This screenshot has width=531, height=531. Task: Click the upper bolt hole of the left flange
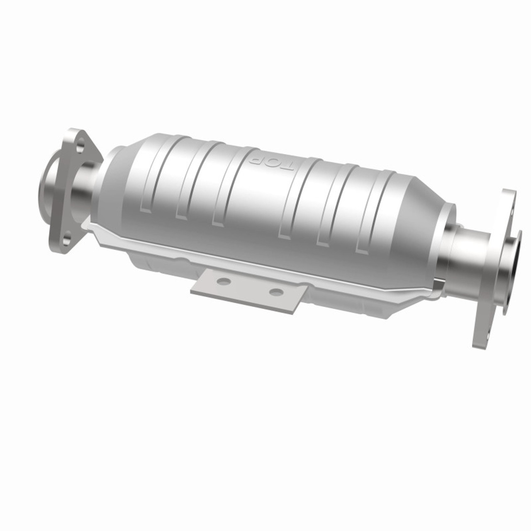click(80, 146)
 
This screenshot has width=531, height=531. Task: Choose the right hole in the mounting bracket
click(275, 292)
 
